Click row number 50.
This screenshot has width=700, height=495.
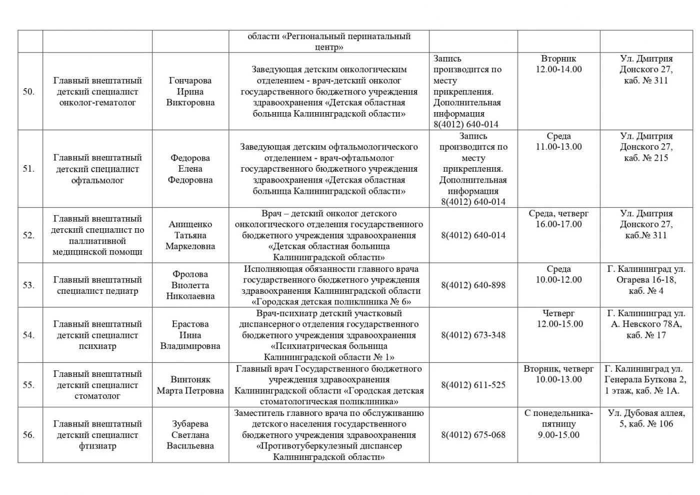28,92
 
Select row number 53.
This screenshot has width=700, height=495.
28,285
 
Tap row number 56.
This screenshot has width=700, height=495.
28,435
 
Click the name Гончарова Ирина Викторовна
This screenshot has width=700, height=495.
190,92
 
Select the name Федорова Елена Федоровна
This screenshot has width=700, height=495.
190,169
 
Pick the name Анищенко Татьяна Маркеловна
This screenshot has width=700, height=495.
190,235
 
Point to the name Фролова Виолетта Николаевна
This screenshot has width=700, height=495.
190,285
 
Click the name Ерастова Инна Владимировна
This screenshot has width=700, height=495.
190,335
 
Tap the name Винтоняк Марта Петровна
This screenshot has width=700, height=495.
190,385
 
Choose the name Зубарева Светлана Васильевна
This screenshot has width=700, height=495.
190,435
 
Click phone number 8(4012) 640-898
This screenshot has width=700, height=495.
473,285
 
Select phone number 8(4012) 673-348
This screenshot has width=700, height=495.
473,335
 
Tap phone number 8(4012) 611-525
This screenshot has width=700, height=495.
473,385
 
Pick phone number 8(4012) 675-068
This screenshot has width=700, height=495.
473,435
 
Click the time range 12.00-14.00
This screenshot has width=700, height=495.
558,70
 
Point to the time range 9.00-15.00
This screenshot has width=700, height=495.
558,435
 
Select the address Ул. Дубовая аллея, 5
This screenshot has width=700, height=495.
646,418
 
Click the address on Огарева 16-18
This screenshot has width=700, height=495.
646,280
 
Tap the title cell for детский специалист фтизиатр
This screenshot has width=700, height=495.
97,435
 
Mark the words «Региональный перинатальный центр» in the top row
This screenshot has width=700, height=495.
329,42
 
